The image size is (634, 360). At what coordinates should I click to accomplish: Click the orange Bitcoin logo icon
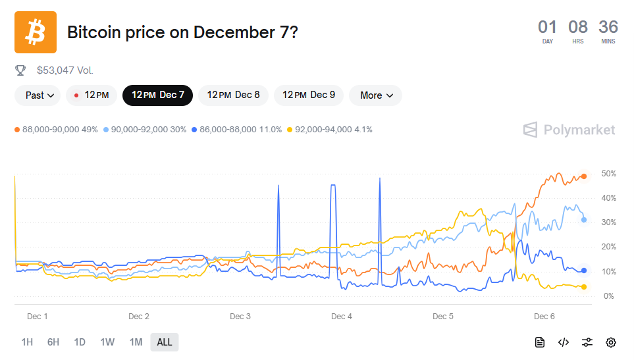pos(36,32)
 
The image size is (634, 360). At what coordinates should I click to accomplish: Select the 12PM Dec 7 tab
pos(157,95)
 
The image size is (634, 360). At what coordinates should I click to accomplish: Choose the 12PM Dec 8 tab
pos(233,95)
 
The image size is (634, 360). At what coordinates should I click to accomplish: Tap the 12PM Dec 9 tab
pos(309,95)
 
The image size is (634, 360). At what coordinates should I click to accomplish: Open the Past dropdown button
pos(38,95)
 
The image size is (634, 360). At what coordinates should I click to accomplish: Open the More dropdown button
pos(376,95)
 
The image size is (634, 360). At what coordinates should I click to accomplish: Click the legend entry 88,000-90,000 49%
pos(55,130)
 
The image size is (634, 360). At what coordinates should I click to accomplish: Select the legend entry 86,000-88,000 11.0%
pos(238,130)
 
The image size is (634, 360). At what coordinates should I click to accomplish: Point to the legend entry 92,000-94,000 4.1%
pos(330,130)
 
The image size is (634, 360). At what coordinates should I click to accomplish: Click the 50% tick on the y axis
pos(609,174)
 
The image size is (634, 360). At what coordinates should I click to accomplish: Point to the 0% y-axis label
pos(609,296)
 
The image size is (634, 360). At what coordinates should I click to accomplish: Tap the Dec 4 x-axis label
pos(342,317)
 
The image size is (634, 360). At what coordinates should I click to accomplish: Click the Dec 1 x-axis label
pos(38,317)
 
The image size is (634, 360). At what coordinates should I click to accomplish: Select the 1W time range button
pos(107,342)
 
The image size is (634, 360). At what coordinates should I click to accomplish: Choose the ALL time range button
pos(164,342)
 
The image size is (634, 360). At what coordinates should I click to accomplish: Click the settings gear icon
pos(611,342)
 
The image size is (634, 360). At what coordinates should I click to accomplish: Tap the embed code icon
pos(564,342)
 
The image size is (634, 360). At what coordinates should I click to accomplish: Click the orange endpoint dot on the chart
pos(584,176)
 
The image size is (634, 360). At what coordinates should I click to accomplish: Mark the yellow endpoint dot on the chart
pos(584,287)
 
